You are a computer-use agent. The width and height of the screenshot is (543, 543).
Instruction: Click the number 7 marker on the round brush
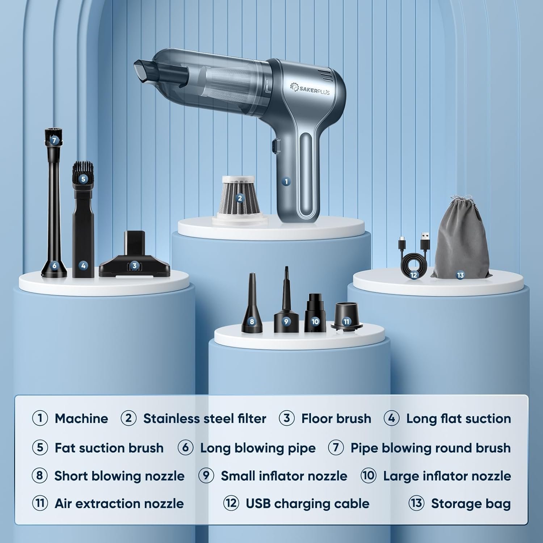54,140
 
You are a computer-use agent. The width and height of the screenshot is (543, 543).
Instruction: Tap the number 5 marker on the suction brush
83,179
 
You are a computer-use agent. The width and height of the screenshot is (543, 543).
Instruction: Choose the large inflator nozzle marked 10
315,313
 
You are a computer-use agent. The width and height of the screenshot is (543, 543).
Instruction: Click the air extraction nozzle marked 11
346,316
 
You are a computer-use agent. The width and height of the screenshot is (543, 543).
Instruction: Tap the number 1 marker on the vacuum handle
286,181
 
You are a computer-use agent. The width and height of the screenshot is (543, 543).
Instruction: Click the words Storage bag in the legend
471,504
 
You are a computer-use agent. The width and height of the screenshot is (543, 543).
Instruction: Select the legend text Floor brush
336,418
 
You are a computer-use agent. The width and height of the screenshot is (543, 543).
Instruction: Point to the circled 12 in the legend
231,503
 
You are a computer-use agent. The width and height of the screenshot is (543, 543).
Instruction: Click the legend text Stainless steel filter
205,418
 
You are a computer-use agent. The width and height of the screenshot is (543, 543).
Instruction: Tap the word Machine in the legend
81,418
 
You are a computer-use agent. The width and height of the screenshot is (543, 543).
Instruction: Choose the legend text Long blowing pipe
258,448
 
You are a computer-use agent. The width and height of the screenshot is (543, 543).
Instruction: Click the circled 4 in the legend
392,418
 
